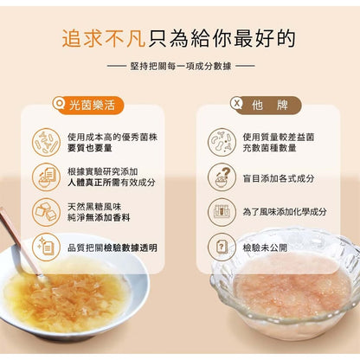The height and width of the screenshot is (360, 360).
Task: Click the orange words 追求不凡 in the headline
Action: click(x=104, y=38)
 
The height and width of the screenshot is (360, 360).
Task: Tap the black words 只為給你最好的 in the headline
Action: click(x=222, y=38)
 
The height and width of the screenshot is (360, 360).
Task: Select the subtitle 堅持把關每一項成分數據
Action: click(x=181, y=66)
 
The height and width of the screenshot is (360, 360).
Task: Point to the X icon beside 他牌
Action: click(x=237, y=103)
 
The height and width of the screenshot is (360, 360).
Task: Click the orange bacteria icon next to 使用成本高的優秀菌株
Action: click(x=46, y=142)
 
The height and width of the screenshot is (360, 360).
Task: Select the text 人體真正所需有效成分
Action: click(x=112, y=183)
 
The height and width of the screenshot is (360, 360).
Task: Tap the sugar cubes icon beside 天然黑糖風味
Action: click(x=46, y=212)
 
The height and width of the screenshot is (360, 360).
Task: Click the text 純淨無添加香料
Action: click(x=99, y=217)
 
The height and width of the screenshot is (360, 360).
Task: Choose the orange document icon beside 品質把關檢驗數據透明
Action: click(x=46, y=247)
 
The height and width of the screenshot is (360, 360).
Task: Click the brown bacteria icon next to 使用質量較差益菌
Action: click(x=222, y=142)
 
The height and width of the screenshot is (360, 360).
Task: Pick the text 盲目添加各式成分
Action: click(x=279, y=178)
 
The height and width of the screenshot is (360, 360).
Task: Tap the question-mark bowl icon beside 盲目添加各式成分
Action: click(x=222, y=177)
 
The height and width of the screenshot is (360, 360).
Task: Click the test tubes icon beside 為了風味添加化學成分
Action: click(x=222, y=212)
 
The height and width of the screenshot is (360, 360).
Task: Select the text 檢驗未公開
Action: click(x=265, y=247)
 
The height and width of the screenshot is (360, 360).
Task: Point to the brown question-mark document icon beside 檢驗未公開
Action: click(x=222, y=247)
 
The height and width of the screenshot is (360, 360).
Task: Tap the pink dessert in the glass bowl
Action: click(x=292, y=287)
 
